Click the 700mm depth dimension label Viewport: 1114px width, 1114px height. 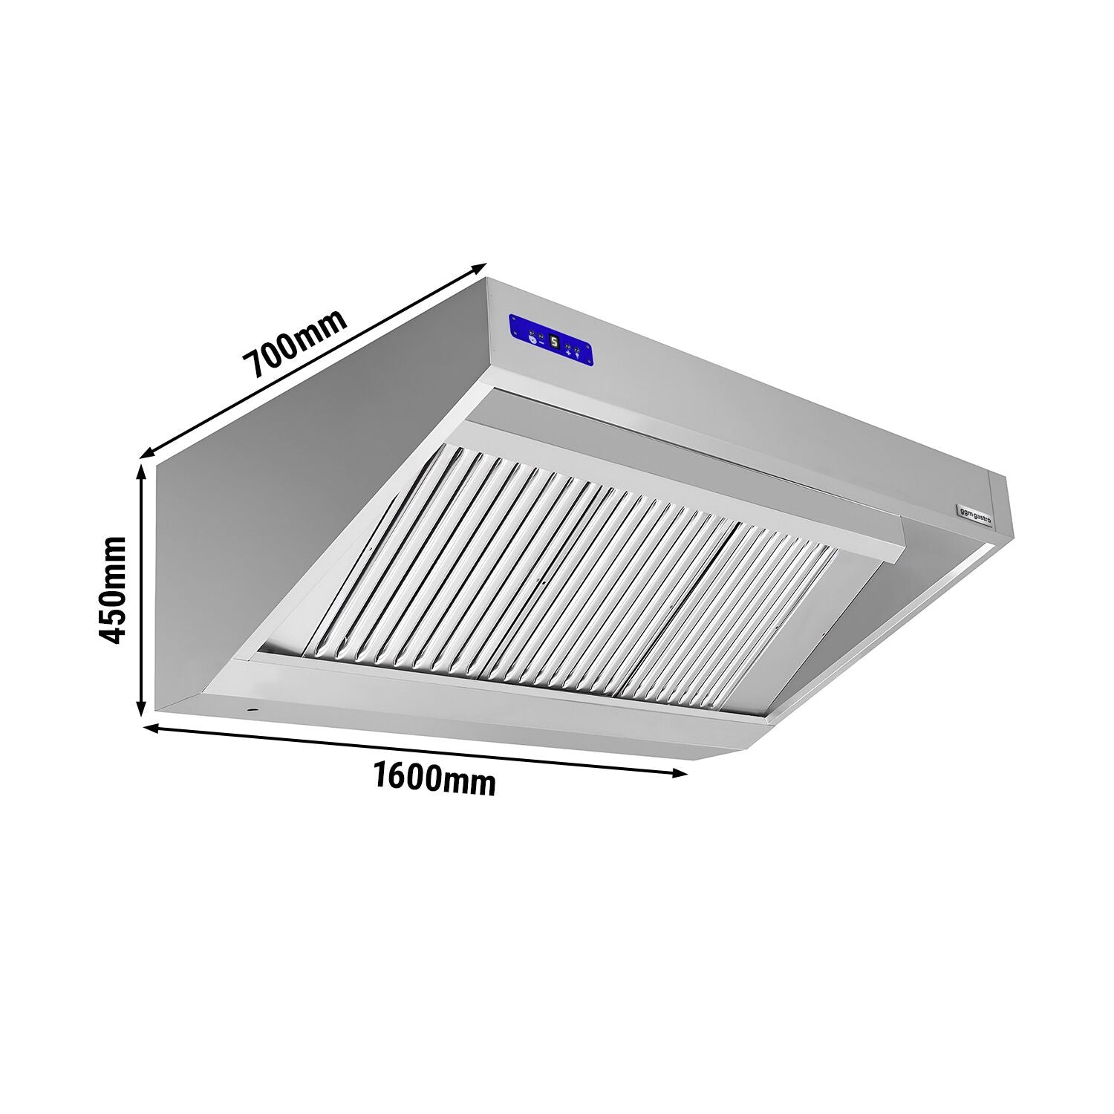pyautogui.click(x=297, y=345)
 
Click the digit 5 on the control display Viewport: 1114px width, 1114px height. pyautogui.click(x=554, y=342)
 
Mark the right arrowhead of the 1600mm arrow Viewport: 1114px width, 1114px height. pyautogui.click(x=680, y=773)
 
